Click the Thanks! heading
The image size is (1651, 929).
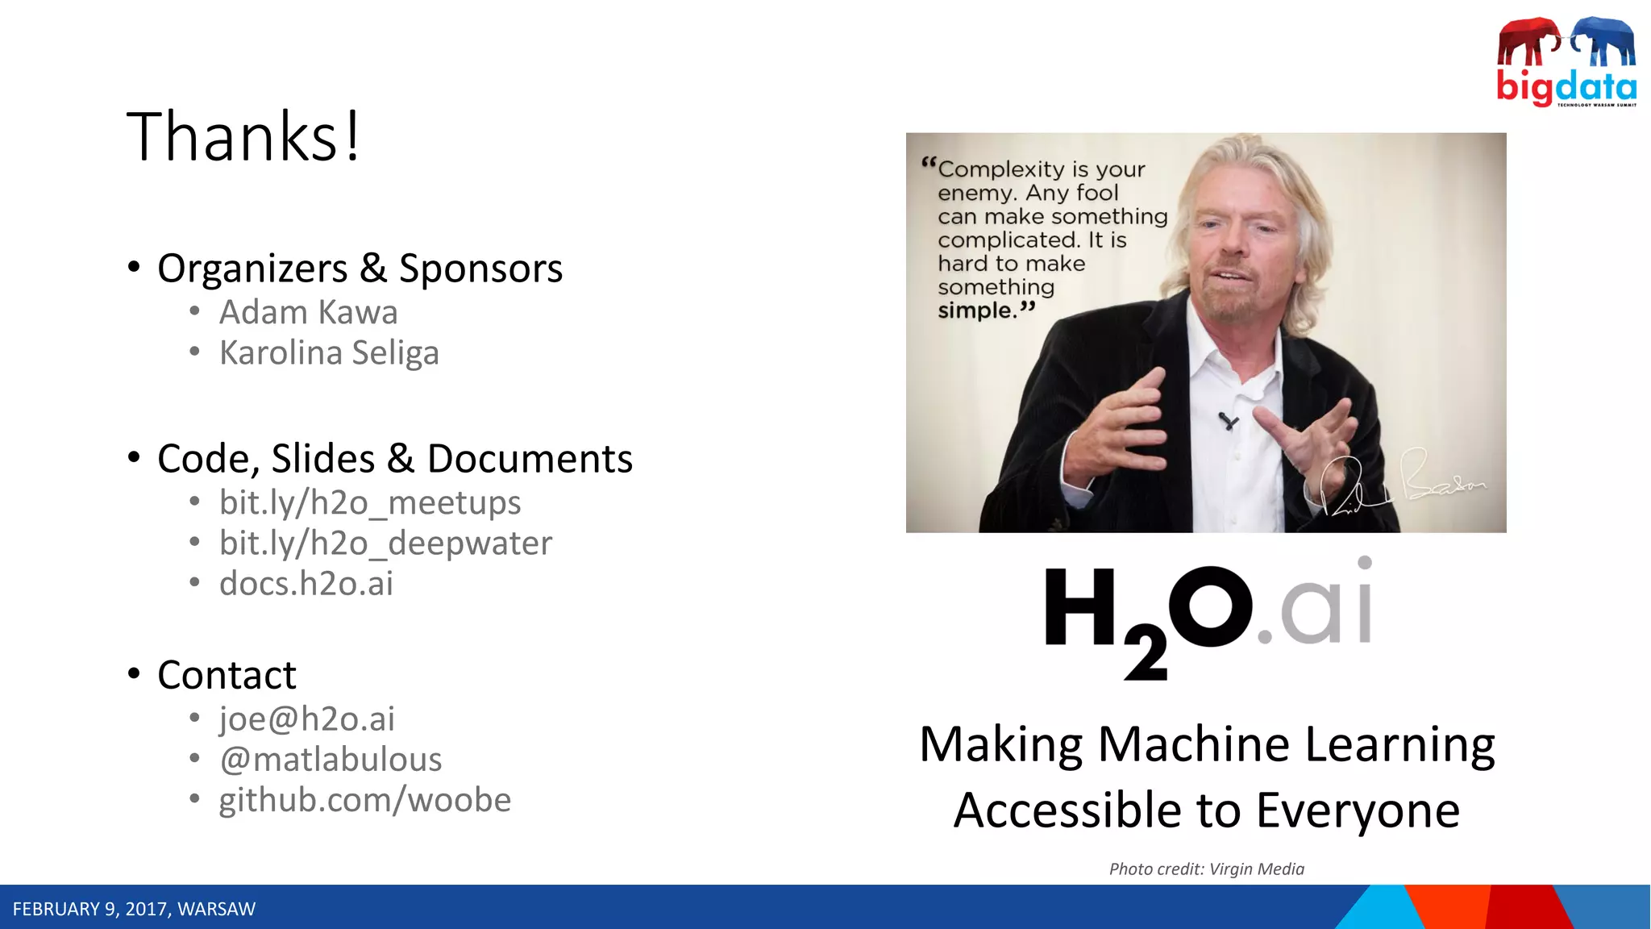pyautogui.click(x=243, y=137)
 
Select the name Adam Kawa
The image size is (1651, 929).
pyautogui.click(x=308, y=313)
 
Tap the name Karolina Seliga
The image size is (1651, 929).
pyautogui.click(x=329, y=353)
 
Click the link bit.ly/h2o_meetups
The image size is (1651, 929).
pyautogui.click(x=370, y=503)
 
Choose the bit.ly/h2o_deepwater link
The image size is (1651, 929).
pyautogui.click(x=385, y=544)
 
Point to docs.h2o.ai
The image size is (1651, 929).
pyautogui.click(x=306, y=584)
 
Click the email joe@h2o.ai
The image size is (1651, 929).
pyautogui.click(x=306, y=719)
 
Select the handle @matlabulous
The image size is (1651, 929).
pyautogui.click(x=331, y=760)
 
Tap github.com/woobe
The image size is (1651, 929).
pyautogui.click(x=364, y=800)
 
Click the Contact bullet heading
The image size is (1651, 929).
pyautogui.click(x=227, y=675)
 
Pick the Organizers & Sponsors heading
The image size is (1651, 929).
pyautogui.click(x=360, y=269)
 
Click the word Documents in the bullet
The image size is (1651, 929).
pyautogui.click(x=530, y=459)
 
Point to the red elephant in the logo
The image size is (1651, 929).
pyautogui.click(x=1526, y=42)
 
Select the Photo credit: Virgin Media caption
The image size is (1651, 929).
pyautogui.click(x=1206, y=869)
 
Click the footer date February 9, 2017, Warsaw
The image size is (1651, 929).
pyautogui.click(x=134, y=910)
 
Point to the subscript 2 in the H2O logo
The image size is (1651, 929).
pyautogui.click(x=1146, y=652)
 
